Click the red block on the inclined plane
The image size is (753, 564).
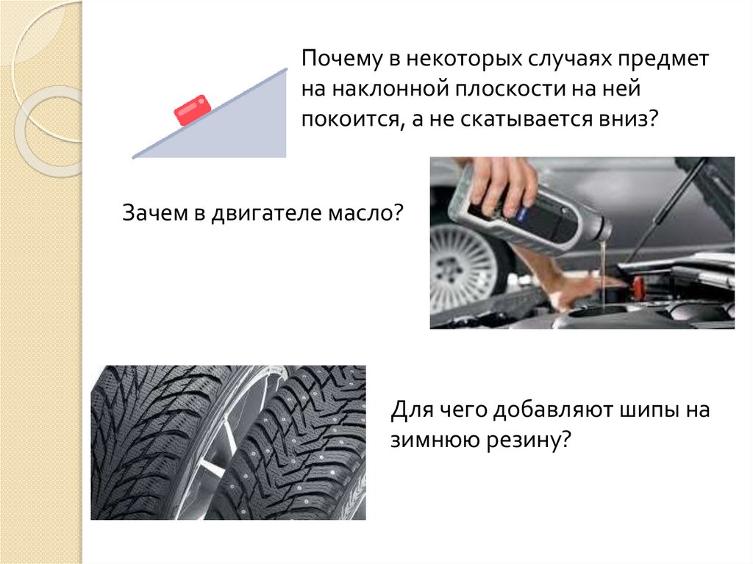click(x=192, y=110)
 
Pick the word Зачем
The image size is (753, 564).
click(x=154, y=213)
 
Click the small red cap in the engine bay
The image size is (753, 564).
click(x=638, y=286)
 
